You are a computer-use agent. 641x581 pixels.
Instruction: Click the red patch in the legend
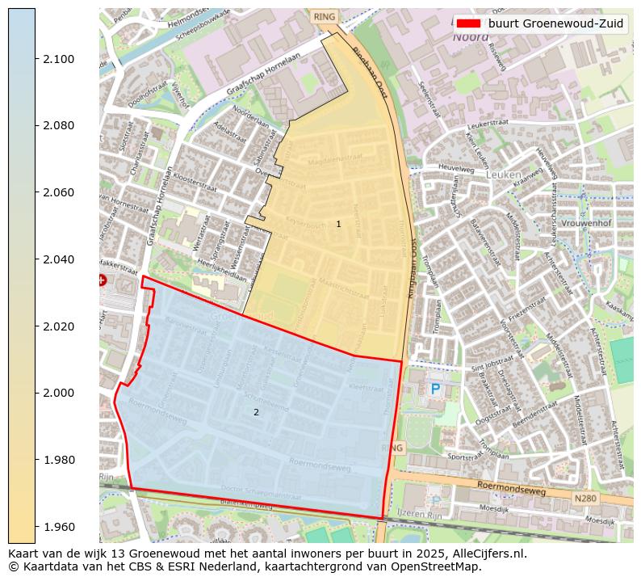click(467, 23)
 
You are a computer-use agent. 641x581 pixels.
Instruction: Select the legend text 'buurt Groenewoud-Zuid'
click(555, 23)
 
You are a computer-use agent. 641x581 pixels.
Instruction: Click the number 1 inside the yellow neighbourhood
click(338, 224)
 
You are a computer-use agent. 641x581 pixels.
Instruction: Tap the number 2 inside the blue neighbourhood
click(256, 412)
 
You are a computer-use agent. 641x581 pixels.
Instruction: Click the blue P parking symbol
click(435, 389)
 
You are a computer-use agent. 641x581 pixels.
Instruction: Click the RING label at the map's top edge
click(325, 16)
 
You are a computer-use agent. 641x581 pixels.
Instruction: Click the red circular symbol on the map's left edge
click(101, 280)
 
